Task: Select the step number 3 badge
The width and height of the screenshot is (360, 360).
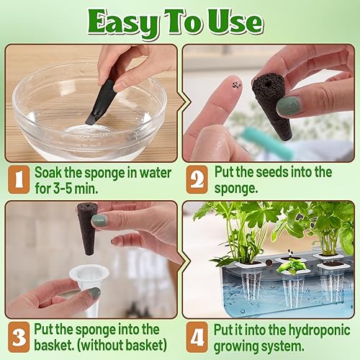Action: (19, 337)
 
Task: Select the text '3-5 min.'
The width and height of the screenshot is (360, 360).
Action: (80, 188)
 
